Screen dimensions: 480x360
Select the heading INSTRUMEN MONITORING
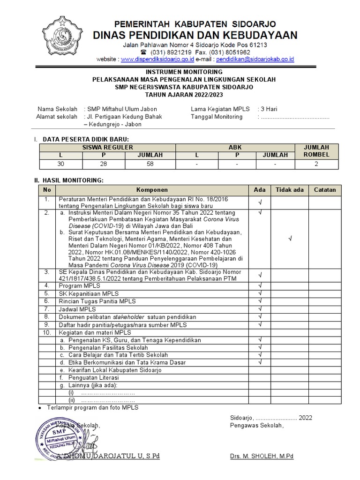point(184,72)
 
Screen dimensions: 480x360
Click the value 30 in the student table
point(60,164)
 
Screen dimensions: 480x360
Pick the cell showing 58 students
point(150,164)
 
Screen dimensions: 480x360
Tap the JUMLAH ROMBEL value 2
point(317,164)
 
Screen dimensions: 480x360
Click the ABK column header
point(235,147)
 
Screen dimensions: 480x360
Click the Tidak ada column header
point(289,190)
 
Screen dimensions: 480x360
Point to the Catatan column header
point(325,190)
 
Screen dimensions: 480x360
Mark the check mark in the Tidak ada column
point(290,238)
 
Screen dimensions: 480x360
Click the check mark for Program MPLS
point(260,285)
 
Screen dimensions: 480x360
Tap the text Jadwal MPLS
point(77,309)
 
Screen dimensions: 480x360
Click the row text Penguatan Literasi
point(93,377)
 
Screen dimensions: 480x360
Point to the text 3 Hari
point(269,109)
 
